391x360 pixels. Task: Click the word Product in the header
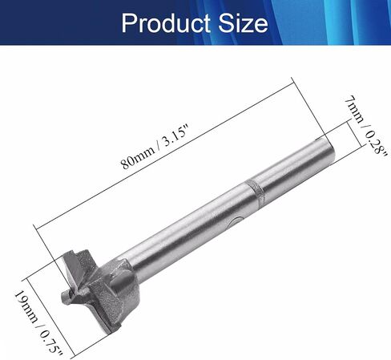click(x=166, y=23)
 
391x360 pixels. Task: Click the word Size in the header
click(x=243, y=23)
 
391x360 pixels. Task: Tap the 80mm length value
click(x=138, y=158)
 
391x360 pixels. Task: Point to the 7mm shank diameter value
click(x=354, y=110)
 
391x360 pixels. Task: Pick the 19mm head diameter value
click(x=26, y=306)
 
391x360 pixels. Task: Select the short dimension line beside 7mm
click(x=355, y=135)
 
